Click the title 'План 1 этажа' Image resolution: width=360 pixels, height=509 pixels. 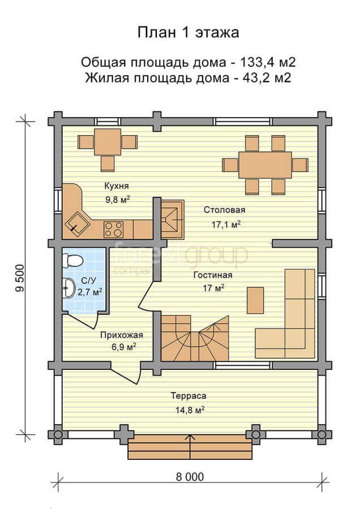pyautogui.click(x=188, y=33)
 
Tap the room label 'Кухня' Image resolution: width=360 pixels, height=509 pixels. pyautogui.click(x=116, y=186)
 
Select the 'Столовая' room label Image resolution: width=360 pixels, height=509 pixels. pyautogui.click(x=225, y=210)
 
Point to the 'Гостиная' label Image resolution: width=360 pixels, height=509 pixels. pyautogui.click(x=213, y=275)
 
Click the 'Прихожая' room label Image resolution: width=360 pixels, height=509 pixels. pyautogui.click(x=122, y=335)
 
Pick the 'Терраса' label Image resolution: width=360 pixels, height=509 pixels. pyautogui.click(x=188, y=396)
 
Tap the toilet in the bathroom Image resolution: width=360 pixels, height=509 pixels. pyautogui.click(x=72, y=260)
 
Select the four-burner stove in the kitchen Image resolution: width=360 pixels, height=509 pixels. pyautogui.click(x=113, y=229)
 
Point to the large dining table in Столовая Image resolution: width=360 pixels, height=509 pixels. pyautogui.click(x=265, y=165)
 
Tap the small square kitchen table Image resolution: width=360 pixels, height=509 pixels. pyautogui.click(x=108, y=142)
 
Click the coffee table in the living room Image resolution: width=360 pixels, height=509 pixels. pyautogui.click(x=255, y=300)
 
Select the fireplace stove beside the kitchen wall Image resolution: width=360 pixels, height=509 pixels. pyautogui.click(x=173, y=219)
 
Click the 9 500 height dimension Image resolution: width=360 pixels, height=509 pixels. pyautogui.click(x=20, y=278)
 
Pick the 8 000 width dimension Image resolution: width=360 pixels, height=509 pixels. pyautogui.click(x=190, y=477)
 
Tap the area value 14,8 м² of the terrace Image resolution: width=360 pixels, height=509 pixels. pyautogui.click(x=190, y=409)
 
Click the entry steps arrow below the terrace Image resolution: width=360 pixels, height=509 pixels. pyautogui.click(x=190, y=446)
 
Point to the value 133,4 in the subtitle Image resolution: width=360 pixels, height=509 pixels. pyautogui.click(x=256, y=62)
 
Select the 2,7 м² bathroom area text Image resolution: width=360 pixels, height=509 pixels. pyautogui.click(x=89, y=292)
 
